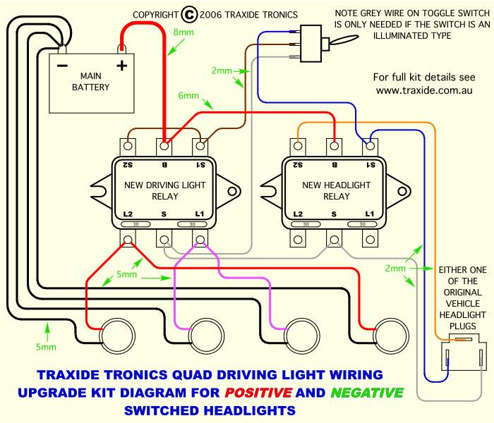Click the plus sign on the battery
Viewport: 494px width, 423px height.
click(x=121, y=66)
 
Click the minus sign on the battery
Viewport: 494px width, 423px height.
click(x=62, y=66)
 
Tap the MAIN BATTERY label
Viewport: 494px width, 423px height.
click(x=90, y=81)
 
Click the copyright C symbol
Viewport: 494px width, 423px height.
click(x=189, y=13)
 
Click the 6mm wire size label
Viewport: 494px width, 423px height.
click(x=189, y=96)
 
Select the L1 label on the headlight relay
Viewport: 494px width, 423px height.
click(x=368, y=213)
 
